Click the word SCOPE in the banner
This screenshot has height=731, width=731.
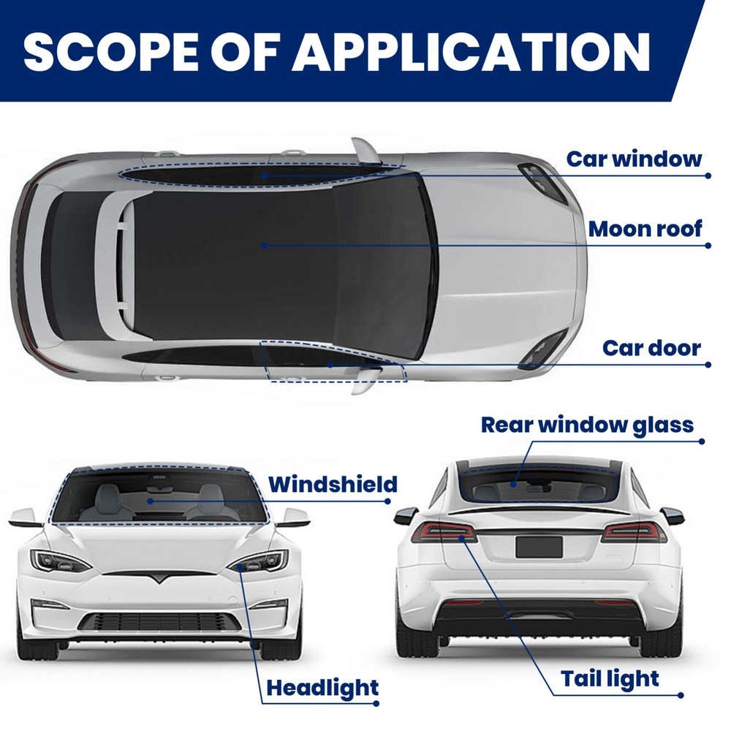[110, 52]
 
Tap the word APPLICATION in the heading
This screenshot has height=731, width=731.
[471, 52]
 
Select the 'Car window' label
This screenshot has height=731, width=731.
[634, 159]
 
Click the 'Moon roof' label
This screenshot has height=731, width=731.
[645, 229]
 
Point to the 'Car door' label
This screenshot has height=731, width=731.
[652, 348]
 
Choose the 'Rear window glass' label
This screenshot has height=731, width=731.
[588, 425]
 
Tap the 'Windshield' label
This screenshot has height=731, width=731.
[333, 485]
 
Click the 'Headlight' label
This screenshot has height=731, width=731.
[322, 688]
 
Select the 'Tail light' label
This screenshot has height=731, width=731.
[610, 679]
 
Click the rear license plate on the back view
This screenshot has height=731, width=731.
[539, 547]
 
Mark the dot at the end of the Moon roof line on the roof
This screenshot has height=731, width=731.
[264, 245]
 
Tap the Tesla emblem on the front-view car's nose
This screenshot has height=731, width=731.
[159, 577]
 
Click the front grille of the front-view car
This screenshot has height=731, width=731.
[160, 622]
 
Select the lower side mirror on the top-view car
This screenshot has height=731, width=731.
[366, 380]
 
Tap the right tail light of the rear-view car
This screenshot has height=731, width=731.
[634, 532]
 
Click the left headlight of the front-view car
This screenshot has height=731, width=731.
[61, 561]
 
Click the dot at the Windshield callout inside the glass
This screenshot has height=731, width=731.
[150, 501]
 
